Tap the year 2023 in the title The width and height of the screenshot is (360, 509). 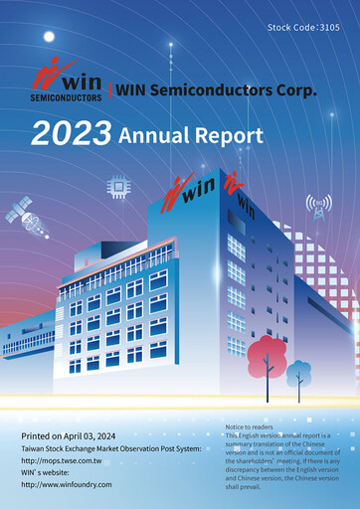point(72,133)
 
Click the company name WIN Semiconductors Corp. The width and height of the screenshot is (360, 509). point(216,90)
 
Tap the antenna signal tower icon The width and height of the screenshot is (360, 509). point(319,208)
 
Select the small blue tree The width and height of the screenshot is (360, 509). point(296,373)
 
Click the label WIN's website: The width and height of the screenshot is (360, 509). point(49,472)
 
